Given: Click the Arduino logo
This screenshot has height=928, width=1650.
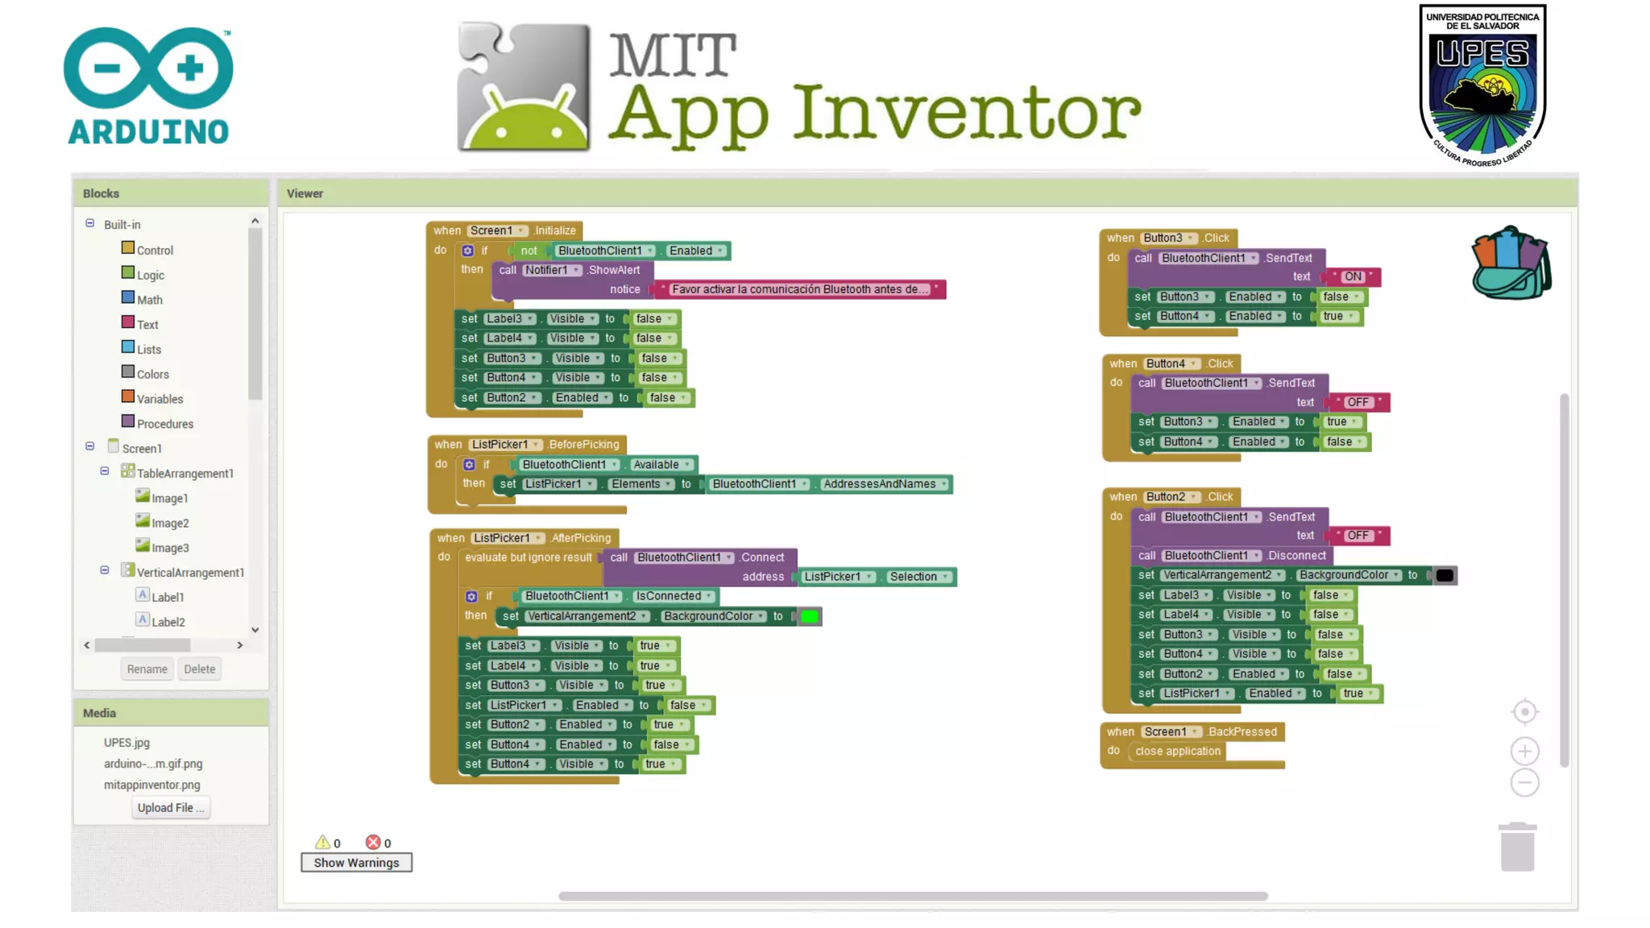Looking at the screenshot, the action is point(148,86).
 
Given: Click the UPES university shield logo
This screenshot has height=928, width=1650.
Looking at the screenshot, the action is point(1482,85).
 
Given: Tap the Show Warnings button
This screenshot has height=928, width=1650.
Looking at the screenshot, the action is point(356,863).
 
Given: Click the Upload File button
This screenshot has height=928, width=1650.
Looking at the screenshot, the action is point(170,808).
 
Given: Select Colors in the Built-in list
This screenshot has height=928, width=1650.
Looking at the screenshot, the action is point(152,375).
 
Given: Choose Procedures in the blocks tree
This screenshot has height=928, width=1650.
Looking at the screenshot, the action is point(164,424).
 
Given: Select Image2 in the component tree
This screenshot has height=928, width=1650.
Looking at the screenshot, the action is point(170,524).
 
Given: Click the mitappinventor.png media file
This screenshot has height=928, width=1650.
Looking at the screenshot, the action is point(151,785).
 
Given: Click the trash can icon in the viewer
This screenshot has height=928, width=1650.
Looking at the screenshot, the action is point(1517,847).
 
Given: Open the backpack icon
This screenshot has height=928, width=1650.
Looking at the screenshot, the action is point(1511,263).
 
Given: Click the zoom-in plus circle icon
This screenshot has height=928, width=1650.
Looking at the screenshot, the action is point(1524,752).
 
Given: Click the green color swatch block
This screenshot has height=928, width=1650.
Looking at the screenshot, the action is point(809,617).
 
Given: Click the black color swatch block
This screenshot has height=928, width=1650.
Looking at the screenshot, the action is point(1445,575).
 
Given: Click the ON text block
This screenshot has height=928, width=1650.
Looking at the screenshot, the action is point(1353,276).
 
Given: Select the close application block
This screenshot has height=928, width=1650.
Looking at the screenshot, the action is point(1177,752).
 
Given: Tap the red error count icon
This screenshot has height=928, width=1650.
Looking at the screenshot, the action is point(373,843).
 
